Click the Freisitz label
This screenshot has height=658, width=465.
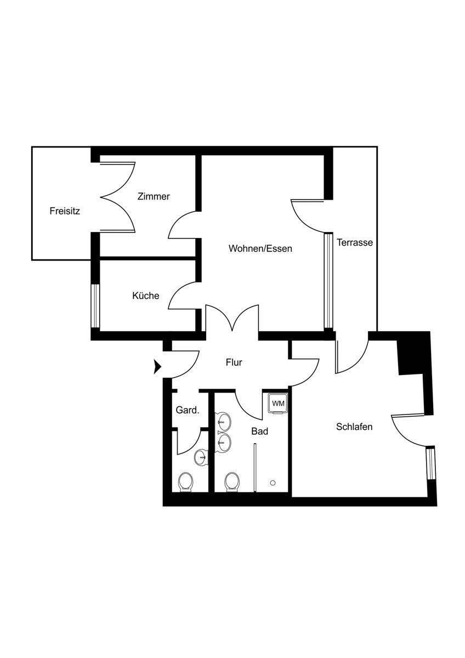(65, 211)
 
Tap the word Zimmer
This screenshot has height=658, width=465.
(154, 196)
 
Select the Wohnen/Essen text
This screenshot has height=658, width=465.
(260, 248)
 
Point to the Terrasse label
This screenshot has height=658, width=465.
(355, 242)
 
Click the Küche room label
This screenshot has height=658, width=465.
(146, 296)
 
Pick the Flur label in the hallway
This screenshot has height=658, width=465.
(234, 362)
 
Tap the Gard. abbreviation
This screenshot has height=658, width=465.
(187, 410)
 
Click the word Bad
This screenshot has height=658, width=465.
(260, 432)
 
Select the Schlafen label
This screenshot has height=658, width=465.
(354, 426)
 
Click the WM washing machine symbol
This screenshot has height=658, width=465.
(278, 404)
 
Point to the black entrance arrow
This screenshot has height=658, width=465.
(157, 366)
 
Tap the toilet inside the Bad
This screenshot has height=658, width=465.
(232, 481)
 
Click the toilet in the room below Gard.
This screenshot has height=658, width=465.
(186, 481)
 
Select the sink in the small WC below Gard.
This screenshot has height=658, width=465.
(202, 455)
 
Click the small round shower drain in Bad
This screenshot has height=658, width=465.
(273, 483)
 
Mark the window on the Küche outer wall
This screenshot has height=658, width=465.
(95, 306)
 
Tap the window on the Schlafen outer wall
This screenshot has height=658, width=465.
(430, 463)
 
